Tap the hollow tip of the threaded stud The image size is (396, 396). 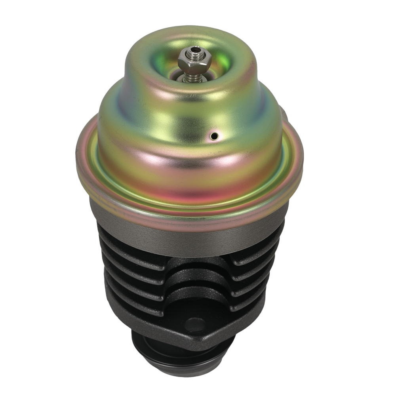tap(194, 51)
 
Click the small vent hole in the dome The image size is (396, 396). tap(214, 136)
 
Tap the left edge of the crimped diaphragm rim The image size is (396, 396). tap(79, 158)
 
